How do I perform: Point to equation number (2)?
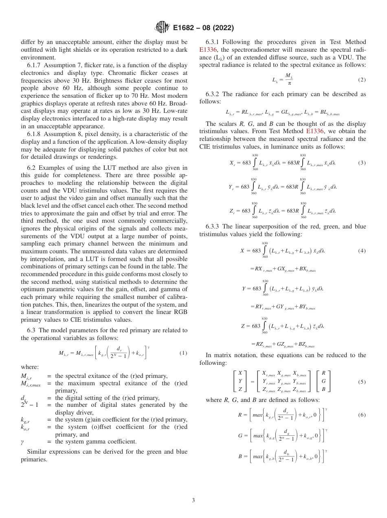coord(362,79)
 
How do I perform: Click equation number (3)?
coord(362,163)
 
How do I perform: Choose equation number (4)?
coord(362,251)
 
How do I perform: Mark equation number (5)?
coord(362,382)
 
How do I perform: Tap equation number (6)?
coord(362,415)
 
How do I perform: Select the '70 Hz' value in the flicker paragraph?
coord(156,88)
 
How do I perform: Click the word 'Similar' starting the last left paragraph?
coord(36,452)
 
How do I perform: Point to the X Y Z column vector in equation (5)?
coord(240,382)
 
